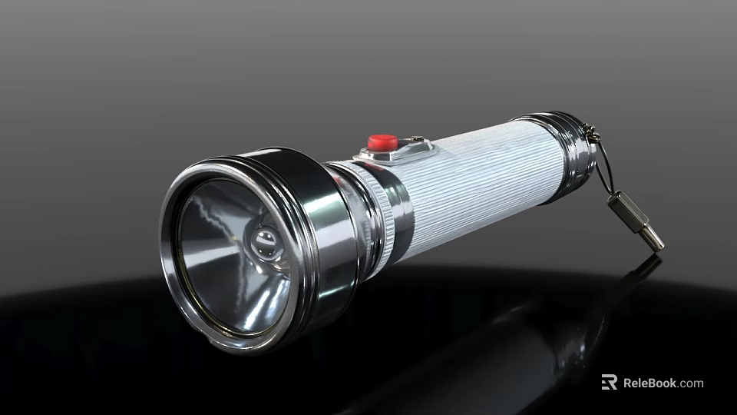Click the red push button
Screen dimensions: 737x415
[382, 143]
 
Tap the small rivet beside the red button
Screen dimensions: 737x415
[416, 139]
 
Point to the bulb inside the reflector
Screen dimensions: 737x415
[267, 242]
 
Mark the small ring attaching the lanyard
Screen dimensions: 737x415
[590, 133]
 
